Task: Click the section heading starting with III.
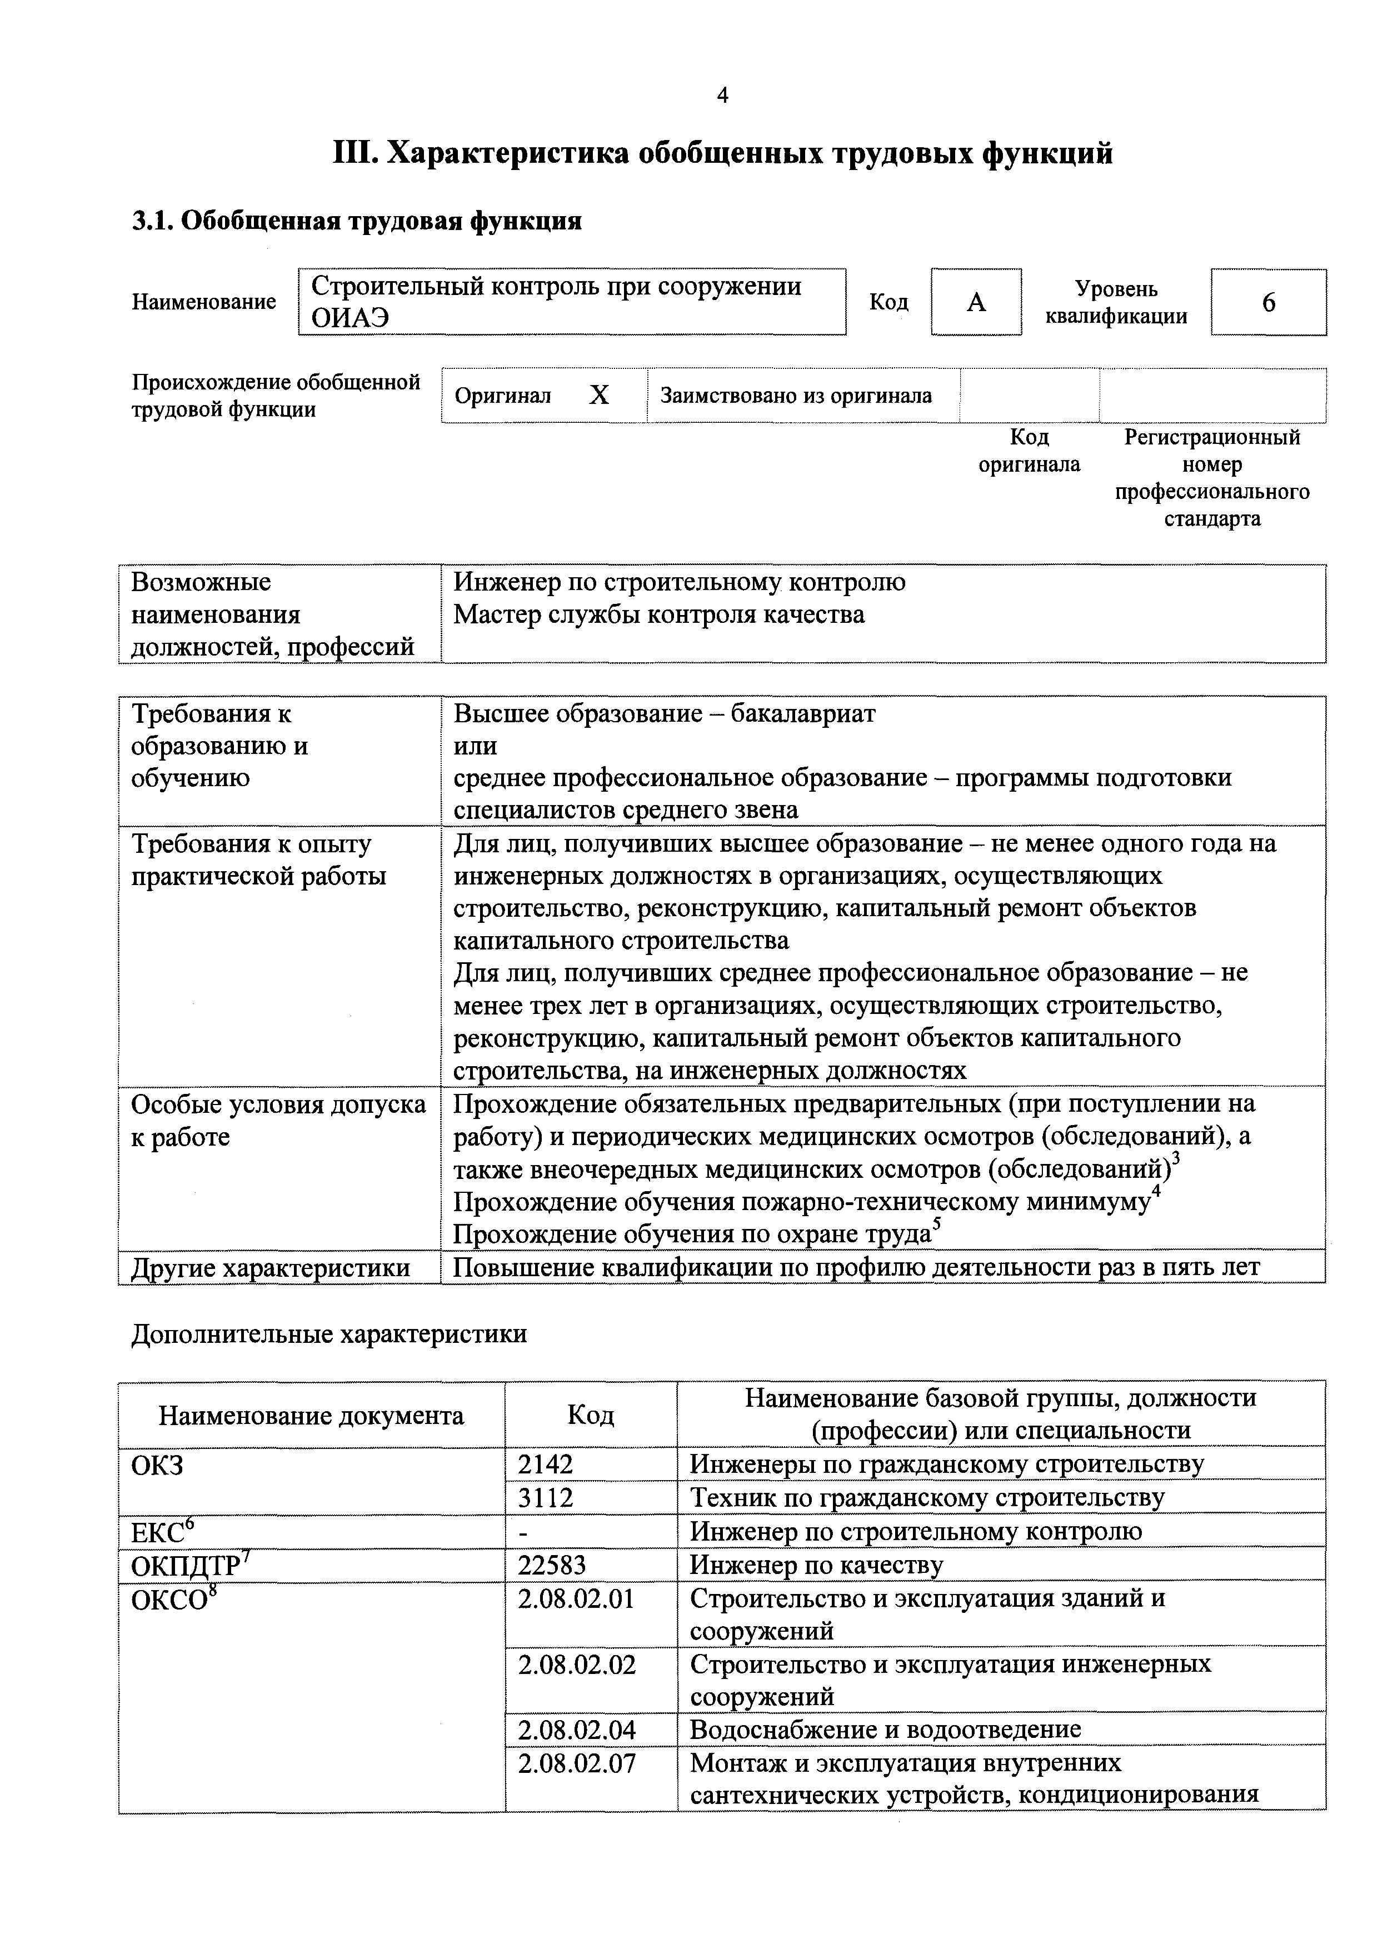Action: click(x=722, y=154)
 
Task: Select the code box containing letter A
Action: click(x=976, y=302)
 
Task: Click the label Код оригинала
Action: click(x=1029, y=451)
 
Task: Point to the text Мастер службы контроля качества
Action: click(x=659, y=614)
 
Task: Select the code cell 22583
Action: click(x=552, y=1563)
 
